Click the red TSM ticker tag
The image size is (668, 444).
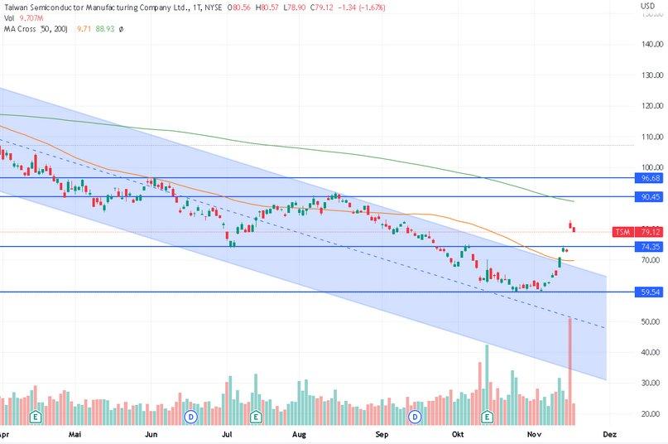pos(623,232)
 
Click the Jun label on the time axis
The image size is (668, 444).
pos(151,433)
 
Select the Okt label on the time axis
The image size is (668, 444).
pos(459,433)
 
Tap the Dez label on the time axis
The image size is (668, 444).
pos(609,433)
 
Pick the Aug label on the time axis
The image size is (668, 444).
pos(300,433)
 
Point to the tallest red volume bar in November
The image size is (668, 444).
pos(569,364)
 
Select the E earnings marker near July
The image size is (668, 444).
pos(255,416)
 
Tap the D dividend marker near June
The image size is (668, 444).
pos(190,416)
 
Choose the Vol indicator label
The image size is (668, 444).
pos(9,18)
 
